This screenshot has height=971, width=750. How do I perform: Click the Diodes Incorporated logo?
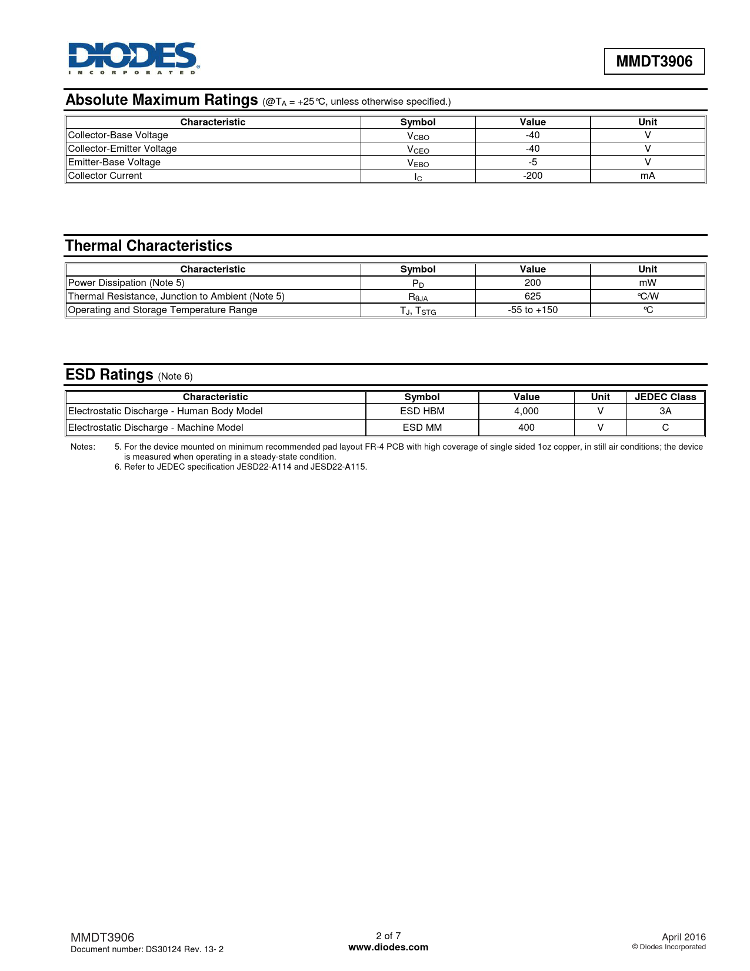tap(134, 58)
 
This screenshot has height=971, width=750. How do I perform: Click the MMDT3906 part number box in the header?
tap(654, 61)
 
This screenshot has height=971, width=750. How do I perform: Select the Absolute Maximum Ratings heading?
tap(162, 100)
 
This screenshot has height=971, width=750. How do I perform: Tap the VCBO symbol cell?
tap(418, 136)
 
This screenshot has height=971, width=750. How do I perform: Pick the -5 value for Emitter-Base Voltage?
tap(532, 162)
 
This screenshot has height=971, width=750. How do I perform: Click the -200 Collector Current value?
tap(532, 176)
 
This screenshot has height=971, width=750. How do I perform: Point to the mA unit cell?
tap(647, 176)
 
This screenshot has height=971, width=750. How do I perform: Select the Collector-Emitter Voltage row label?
tap(122, 149)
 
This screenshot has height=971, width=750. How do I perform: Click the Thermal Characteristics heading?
tap(149, 246)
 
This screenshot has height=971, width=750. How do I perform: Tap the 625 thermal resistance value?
tap(532, 297)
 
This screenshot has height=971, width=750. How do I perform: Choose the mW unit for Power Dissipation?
tap(647, 283)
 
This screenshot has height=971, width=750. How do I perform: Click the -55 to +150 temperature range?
tap(532, 310)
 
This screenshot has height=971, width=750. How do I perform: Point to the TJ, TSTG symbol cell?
tap(418, 311)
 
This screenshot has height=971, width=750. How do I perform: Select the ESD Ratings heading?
tap(109, 375)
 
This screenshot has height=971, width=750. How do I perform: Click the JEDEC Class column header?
tap(665, 397)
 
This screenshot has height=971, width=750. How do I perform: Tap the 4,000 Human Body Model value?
tap(526, 411)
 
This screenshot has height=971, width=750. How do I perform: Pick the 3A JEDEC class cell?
tap(665, 411)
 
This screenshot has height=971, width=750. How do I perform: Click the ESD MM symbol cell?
tap(422, 428)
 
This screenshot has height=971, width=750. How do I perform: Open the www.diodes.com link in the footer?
tap(388, 947)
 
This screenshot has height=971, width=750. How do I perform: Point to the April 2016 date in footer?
tap(683, 937)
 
